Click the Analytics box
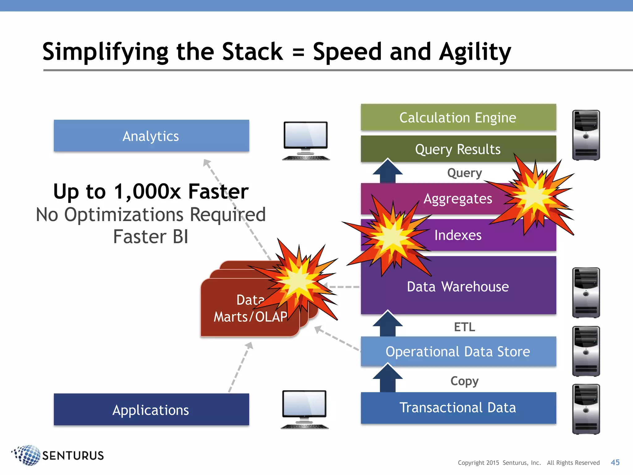tap(151, 136)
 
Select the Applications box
tap(151, 409)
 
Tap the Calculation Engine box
tap(458, 118)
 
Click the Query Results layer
tap(458, 149)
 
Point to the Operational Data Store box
tap(458, 352)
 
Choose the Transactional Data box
tap(458, 408)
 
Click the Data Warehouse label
tap(458, 287)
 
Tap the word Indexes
tap(458, 235)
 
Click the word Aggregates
tap(458, 199)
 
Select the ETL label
tap(465, 327)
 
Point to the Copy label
tap(465, 381)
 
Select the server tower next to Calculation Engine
tap(586, 135)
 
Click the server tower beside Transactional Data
tap(586, 409)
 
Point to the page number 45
tap(615, 462)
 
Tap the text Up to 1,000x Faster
tap(151, 191)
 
